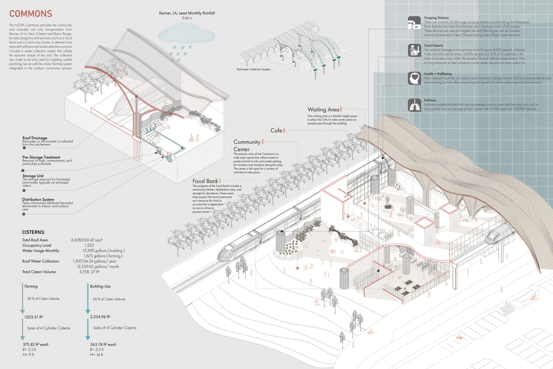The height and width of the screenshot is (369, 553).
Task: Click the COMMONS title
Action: click(x=30, y=14)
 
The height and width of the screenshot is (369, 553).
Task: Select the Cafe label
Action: click(x=276, y=131)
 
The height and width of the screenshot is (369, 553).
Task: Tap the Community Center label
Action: click(x=247, y=145)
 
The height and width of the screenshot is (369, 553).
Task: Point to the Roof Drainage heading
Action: click(x=37, y=138)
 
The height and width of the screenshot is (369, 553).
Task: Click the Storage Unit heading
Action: click(x=35, y=176)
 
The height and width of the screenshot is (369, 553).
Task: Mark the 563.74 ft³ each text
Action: click(x=102, y=344)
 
